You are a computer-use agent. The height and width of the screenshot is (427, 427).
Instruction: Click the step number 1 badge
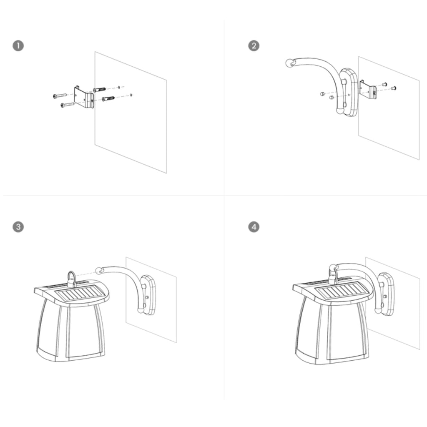(18, 46)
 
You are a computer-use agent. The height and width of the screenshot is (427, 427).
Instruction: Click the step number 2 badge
(254, 46)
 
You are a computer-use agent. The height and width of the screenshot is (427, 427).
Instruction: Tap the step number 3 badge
(18, 227)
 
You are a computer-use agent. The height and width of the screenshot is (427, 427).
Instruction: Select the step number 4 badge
(254, 227)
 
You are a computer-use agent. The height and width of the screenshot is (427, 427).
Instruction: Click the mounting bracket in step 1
(84, 97)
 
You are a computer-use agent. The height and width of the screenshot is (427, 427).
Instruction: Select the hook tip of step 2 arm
(290, 63)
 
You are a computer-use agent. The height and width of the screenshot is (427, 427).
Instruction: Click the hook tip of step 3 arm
(100, 271)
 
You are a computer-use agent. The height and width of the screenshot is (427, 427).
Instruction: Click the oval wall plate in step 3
(148, 295)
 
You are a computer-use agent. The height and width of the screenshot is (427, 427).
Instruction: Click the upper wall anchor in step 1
(100, 90)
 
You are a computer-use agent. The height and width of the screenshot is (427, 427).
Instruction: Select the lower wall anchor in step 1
(108, 98)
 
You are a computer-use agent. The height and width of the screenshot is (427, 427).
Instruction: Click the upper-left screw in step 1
(60, 95)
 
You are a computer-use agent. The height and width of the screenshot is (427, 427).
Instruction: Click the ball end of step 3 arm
(141, 310)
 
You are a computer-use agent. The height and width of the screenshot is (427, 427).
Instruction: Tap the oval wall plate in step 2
(349, 92)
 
